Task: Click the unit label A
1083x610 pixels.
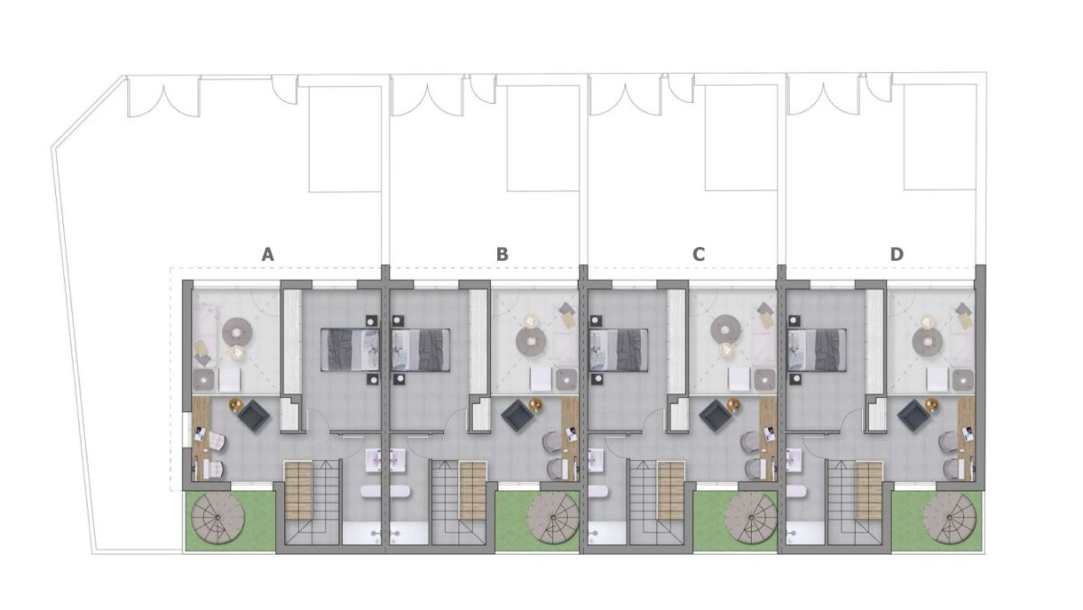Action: click(267, 255)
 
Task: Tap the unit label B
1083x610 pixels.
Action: click(502, 255)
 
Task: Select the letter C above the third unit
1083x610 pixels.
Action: click(699, 255)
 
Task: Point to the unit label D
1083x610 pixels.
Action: click(896, 255)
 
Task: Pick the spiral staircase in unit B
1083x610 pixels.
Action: click(551, 521)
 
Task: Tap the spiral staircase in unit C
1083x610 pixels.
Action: click(750, 521)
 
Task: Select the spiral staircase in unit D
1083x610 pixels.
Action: click(949, 521)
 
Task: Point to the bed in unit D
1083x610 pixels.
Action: click(817, 349)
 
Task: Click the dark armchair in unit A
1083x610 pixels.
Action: click(253, 416)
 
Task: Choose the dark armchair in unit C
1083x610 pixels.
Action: click(717, 416)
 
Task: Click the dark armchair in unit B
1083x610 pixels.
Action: click(518, 416)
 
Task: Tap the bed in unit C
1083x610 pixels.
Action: click(618, 349)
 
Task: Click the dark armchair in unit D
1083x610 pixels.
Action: click(916, 416)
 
